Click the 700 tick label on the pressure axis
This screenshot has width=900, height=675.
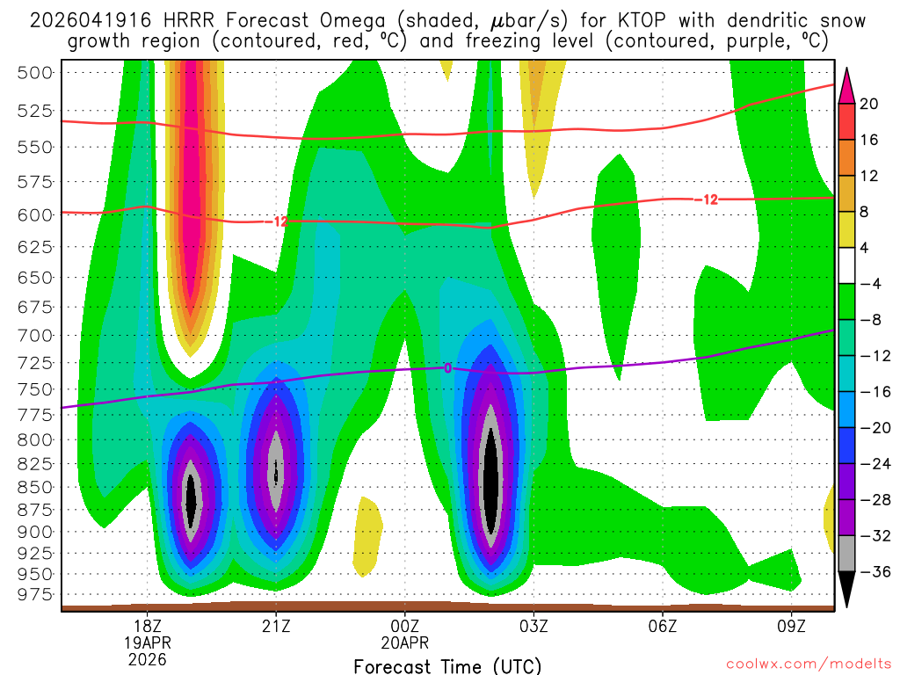36,335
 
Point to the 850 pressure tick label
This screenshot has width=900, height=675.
36,486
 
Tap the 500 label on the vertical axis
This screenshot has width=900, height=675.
36,72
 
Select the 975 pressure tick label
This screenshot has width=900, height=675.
36,594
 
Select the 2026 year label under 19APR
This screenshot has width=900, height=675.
147,659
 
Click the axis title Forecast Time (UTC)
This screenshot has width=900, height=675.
447,665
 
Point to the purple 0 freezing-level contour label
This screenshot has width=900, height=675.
447,368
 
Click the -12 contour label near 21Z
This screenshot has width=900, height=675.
277,222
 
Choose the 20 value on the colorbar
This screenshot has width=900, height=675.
868,104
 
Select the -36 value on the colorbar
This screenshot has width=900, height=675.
868,572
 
